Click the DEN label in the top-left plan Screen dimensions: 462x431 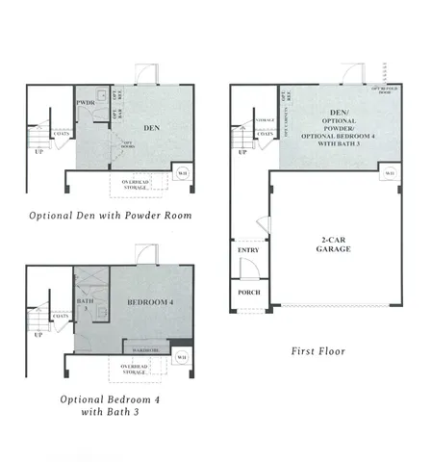pos(151,127)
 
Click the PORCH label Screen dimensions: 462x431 pos(246,294)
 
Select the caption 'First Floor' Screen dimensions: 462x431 pos(317,351)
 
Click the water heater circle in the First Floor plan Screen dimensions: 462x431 pos(390,173)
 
